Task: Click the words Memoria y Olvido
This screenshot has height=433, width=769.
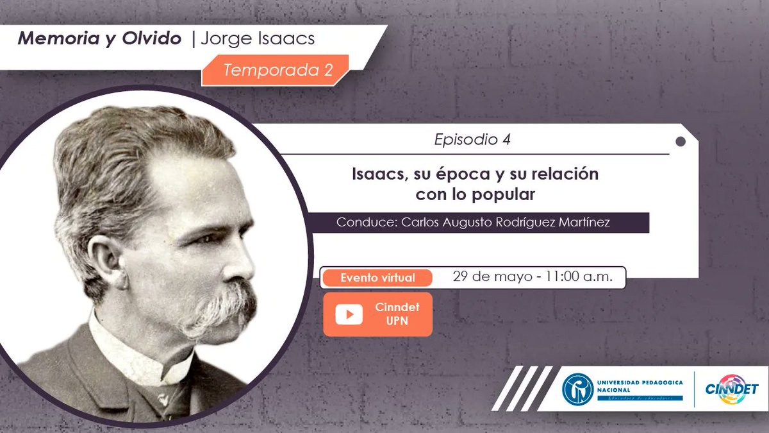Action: point(99,38)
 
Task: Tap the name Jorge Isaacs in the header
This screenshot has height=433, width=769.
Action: point(258,38)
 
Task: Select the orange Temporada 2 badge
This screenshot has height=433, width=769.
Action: point(277,70)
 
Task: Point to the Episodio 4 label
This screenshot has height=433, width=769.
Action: point(472,139)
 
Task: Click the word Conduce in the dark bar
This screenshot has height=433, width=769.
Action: point(366,223)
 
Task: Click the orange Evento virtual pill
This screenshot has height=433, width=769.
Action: point(377,278)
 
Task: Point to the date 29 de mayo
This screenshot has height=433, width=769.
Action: point(492,277)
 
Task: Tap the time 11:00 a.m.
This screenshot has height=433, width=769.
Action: point(579,277)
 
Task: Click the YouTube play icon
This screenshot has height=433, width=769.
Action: point(349,314)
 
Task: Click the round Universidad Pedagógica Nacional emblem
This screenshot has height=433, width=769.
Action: point(577,389)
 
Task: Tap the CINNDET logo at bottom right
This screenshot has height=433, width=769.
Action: point(731,389)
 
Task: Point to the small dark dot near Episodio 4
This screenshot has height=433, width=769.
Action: point(681,141)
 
